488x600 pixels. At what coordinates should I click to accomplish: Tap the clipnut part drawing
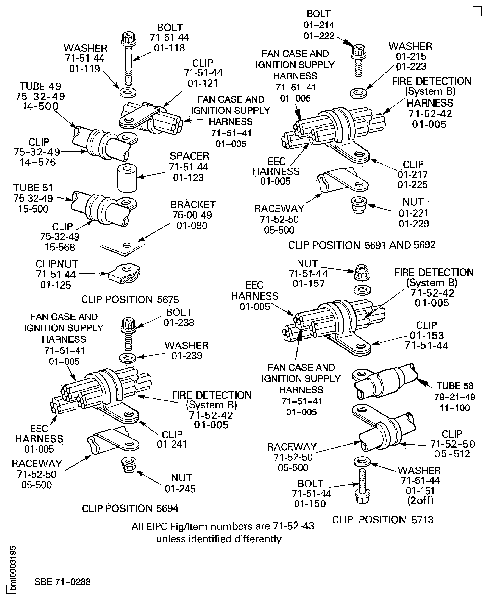pos(124,273)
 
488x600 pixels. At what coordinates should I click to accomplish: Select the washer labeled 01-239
pos(128,358)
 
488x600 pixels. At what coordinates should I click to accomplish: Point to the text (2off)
pos(420,501)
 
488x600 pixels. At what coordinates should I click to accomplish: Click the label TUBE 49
pos(40,86)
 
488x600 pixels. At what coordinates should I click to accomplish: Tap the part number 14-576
pos(38,162)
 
